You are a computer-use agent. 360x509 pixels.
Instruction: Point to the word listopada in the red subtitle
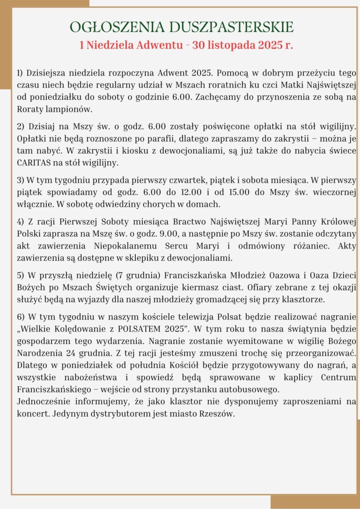[x=234, y=45]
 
